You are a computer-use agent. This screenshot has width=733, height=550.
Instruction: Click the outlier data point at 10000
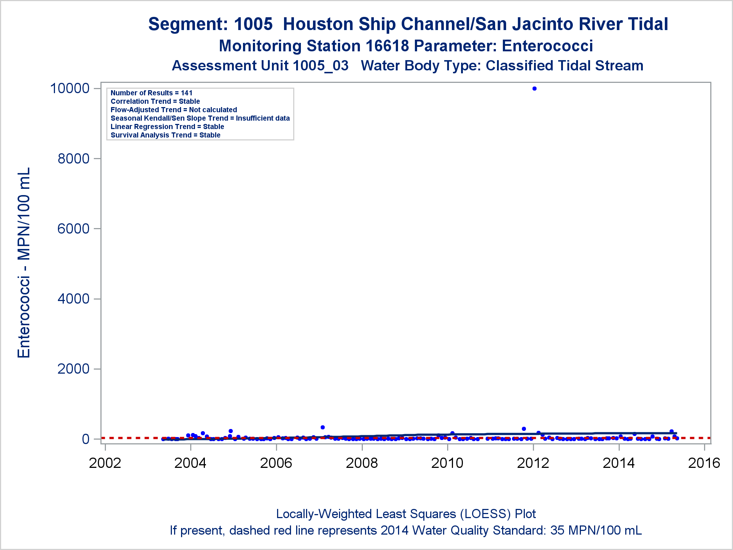tap(534, 88)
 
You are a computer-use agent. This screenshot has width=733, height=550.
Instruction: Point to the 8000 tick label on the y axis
tap(73, 159)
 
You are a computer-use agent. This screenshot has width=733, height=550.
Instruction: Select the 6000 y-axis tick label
tap(73, 229)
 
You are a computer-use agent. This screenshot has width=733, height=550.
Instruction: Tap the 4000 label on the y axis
tap(73, 299)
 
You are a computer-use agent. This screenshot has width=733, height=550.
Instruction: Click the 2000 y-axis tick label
tap(73, 369)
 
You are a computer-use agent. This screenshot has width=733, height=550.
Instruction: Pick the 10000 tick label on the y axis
tap(70, 88)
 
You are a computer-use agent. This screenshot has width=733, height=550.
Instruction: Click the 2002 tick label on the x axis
tap(105, 463)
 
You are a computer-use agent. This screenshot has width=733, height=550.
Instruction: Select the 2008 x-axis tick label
tap(362, 463)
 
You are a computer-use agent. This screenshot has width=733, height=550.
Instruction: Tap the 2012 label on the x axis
tap(533, 463)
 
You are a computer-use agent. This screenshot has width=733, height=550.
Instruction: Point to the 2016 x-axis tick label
tap(704, 463)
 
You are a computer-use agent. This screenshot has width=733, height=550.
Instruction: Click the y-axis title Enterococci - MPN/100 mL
tap(24, 263)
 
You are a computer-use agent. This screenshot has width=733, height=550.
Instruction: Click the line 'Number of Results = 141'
tap(151, 93)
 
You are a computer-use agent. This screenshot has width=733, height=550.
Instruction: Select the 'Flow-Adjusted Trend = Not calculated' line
tap(174, 110)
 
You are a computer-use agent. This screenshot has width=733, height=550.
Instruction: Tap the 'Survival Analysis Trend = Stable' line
tap(165, 135)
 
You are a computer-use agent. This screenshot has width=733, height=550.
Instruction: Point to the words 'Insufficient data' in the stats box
tap(263, 118)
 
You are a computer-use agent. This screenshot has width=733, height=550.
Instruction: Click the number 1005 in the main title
tap(253, 24)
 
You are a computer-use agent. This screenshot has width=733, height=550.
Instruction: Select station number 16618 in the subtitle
tap(387, 46)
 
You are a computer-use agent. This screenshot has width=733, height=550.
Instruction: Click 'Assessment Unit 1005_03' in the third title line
tap(260, 66)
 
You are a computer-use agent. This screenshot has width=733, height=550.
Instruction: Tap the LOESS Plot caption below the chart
tap(406, 514)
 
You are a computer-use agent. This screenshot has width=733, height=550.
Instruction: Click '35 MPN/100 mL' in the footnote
tap(596, 530)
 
